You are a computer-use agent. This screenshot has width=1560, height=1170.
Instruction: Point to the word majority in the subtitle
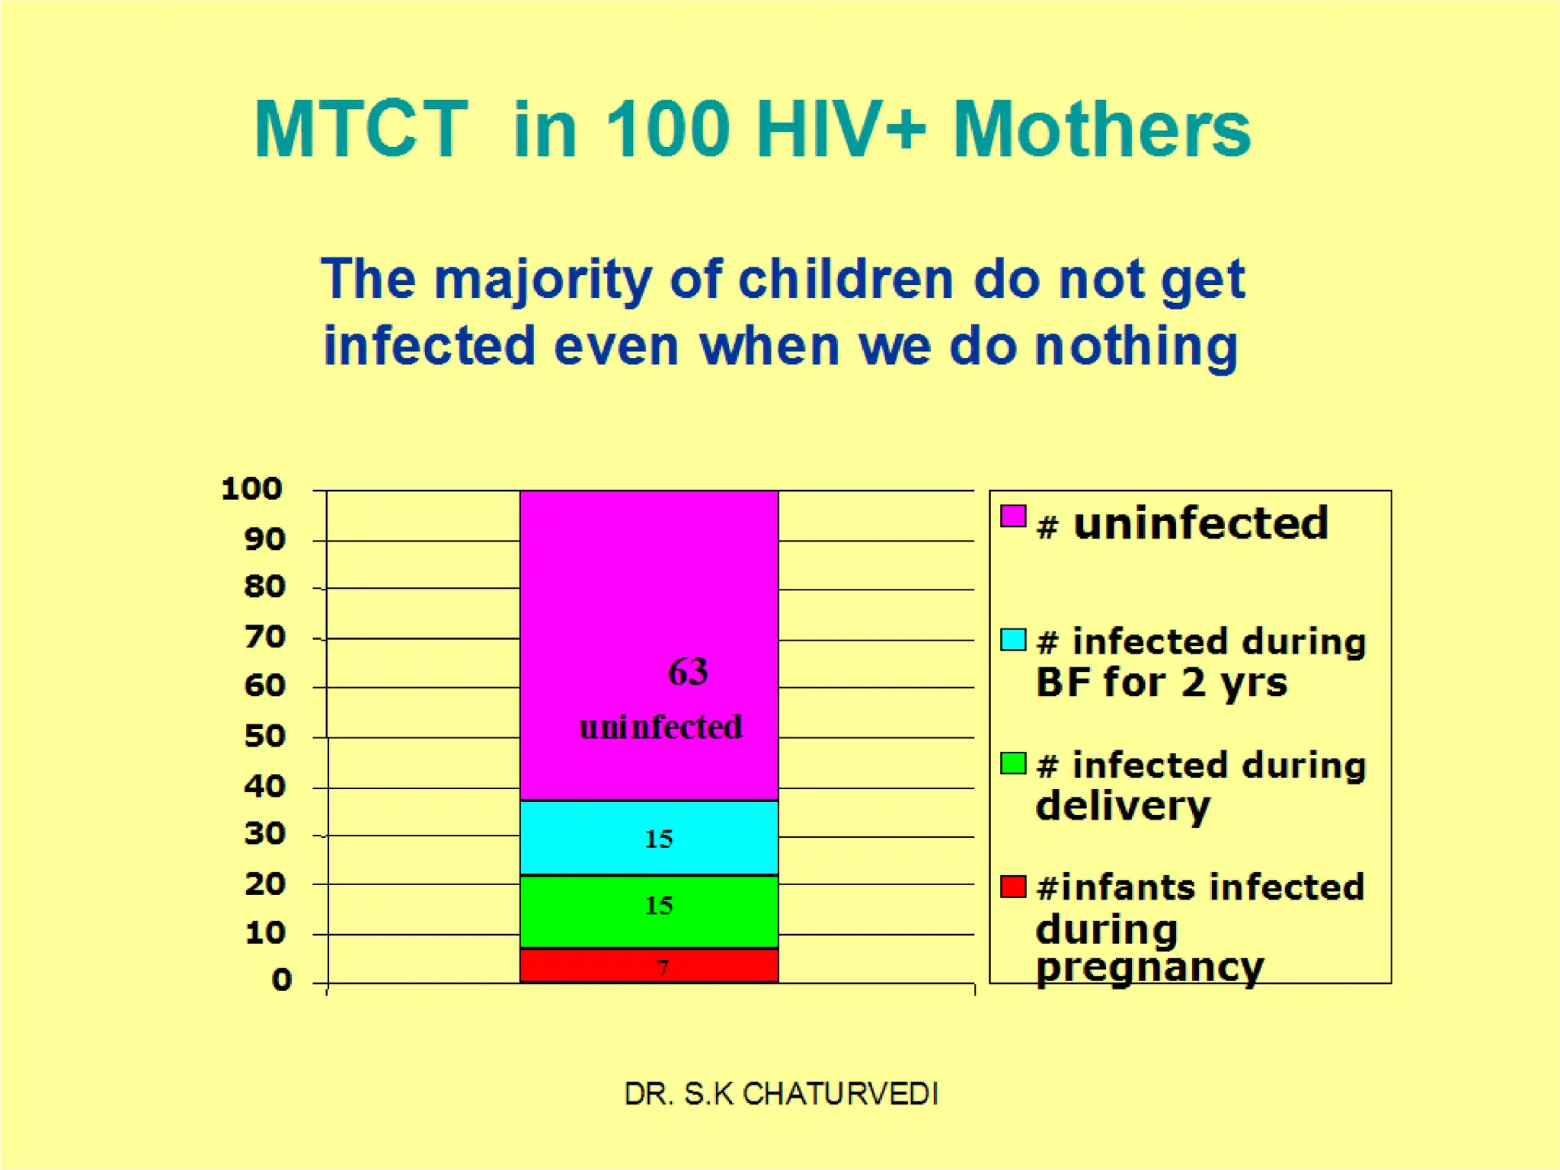point(543,280)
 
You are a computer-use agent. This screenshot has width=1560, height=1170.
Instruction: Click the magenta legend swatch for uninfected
point(1013,516)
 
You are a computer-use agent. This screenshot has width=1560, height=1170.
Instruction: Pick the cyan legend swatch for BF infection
point(1013,640)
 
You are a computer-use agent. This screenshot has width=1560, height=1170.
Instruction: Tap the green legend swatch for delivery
point(1013,762)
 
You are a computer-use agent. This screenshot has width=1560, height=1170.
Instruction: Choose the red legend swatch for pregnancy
point(1013,887)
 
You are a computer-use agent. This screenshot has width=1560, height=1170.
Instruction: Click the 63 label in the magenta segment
point(688,672)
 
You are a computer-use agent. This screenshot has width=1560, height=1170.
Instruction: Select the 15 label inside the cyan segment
point(659,839)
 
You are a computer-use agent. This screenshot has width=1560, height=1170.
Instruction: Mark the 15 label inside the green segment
point(659,906)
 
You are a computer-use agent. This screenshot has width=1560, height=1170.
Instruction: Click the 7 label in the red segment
point(663,967)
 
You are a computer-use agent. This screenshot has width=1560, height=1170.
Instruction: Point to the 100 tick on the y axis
point(252,489)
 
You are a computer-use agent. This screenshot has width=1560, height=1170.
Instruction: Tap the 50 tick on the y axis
point(264,737)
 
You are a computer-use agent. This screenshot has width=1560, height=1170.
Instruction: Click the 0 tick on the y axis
point(282,980)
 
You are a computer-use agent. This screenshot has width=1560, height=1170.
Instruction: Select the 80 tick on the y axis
point(264,587)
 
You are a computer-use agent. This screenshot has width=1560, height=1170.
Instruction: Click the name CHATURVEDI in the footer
point(839,1094)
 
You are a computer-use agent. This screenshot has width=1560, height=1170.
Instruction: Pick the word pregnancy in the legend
point(1149,968)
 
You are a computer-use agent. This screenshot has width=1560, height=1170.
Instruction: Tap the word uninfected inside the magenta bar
point(660,727)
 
